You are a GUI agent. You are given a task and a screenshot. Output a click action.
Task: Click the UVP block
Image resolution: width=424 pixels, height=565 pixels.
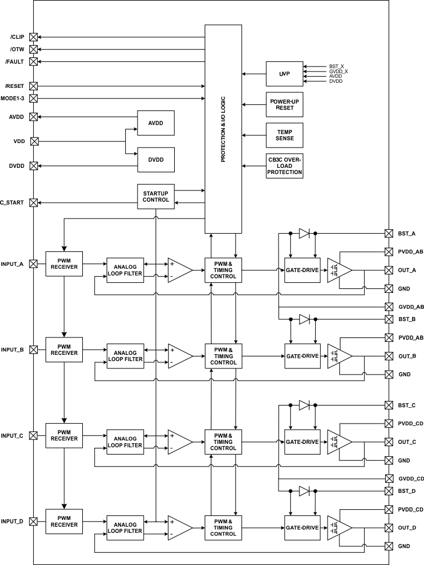coord(285,74)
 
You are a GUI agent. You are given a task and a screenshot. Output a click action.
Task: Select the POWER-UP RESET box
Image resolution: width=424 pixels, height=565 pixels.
coord(285,104)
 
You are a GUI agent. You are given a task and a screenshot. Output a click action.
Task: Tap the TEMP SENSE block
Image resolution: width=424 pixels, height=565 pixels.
coord(285,135)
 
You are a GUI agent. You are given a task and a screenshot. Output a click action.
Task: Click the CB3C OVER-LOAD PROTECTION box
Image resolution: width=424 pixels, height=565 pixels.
coord(285,166)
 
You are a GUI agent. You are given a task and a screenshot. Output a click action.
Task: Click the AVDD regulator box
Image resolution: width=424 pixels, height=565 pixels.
coord(156,122)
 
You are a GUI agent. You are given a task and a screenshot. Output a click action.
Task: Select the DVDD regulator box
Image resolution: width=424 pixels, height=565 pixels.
coord(156,159)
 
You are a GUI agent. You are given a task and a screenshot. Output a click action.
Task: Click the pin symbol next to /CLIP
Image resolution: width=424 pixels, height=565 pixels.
coord(34,37)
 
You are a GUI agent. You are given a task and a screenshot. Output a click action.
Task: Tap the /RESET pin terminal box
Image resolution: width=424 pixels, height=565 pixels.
coord(34,86)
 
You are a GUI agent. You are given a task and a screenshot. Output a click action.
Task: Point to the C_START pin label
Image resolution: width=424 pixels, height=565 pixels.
coord(12,202)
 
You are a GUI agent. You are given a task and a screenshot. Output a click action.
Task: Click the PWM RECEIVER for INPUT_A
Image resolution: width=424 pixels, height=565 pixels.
coord(64,264)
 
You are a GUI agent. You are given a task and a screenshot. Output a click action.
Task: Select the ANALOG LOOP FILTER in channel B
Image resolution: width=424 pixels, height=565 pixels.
coord(125,356)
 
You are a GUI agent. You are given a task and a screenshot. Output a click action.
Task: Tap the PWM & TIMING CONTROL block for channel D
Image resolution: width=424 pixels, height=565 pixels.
coord(223,528)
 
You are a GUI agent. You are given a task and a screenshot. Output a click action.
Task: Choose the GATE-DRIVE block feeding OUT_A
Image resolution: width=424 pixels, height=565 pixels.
coord(303,270)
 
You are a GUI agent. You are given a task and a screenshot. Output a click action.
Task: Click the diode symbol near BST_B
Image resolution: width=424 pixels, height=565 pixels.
coord(304,319)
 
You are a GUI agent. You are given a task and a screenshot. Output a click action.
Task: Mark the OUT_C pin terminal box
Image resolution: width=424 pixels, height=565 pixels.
coord(388,442)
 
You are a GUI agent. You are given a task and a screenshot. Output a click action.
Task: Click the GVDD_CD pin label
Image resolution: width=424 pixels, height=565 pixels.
coord(410,479)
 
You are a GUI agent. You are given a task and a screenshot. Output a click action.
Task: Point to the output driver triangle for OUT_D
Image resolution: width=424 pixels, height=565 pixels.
coord(339,528)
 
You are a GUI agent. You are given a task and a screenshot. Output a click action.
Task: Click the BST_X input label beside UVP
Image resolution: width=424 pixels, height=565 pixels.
coord(337,66)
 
